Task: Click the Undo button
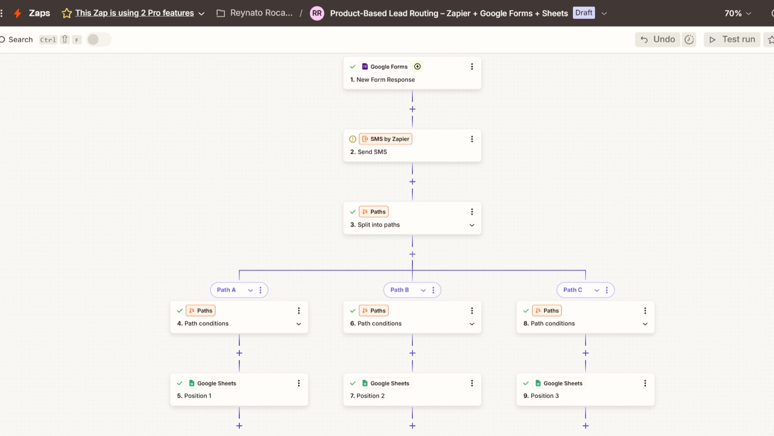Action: (657, 39)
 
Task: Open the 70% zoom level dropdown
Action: (738, 14)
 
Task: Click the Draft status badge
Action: (583, 13)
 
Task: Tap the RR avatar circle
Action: (317, 14)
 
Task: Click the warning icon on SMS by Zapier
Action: (353, 139)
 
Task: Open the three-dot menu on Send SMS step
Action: (472, 139)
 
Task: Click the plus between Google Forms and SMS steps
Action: (412, 109)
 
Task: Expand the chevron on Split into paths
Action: (472, 225)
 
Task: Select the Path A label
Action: (226, 290)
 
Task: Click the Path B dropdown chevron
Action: (423, 291)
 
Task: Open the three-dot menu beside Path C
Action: (607, 291)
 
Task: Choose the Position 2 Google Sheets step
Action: (412, 390)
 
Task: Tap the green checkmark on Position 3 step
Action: (526, 383)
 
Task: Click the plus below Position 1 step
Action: (239, 426)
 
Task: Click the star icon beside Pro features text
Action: (67, 13)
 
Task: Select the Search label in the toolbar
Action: (21, 40)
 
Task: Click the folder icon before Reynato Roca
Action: (221, 14)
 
